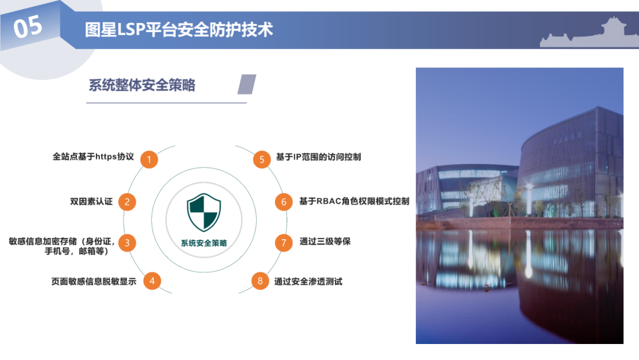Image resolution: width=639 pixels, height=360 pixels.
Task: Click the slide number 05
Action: (x=28, y=27)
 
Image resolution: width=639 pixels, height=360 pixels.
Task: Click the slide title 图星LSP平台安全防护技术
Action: (x=179, y=30)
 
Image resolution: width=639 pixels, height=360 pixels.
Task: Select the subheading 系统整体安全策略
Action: (x=142, y=85)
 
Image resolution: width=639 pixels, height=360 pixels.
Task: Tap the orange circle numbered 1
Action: (x=150, y=159)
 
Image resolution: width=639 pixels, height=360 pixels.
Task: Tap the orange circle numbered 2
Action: (x=127, y=201)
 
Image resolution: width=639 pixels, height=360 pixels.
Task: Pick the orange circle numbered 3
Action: (x=127, y=243)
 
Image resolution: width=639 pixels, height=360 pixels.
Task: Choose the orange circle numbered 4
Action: (x=152, y=281)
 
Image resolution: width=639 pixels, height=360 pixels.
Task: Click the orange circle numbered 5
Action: (x=262, y=159)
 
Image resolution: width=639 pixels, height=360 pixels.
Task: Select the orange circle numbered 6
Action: (x=283, y=202)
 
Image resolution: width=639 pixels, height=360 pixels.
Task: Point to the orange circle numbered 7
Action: (x=283, y=242)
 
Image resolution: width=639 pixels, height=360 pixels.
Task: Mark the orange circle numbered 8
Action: (x=260, y=281)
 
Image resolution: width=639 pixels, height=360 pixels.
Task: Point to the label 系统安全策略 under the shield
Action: (x=204, y=243)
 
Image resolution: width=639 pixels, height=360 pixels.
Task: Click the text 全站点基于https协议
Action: (x=93, y=157)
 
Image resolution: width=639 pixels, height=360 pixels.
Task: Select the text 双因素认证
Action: (x=91, y=201)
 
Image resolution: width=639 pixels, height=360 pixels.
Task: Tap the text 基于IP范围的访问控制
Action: (x=318, y=157)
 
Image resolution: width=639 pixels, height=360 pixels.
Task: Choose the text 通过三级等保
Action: (x=325, y=242)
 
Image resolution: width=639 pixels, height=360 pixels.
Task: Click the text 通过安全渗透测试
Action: (x=308, y=281)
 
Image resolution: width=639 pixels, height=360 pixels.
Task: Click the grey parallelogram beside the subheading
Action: (x=247, y=84)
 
